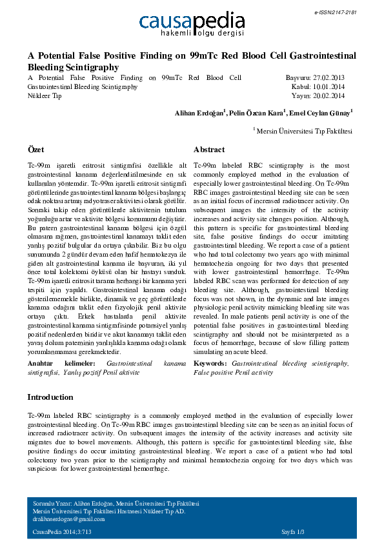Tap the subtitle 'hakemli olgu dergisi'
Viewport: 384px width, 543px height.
tap(201, 32)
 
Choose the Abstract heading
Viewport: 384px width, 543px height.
tap(209, 149)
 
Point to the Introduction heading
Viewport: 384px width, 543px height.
tap(50, 397)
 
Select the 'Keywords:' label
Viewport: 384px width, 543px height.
tap(210, 364)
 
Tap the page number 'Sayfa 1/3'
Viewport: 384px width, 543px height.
tap(292, 531)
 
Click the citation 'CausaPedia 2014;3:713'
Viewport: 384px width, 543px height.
tap(62, 531)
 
